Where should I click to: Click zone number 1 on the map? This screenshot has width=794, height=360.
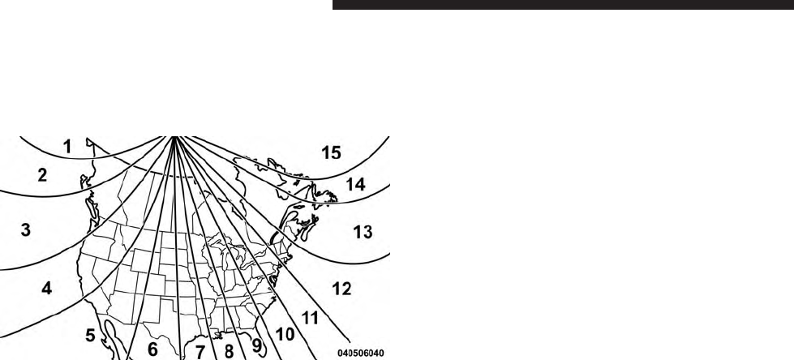point(68,147)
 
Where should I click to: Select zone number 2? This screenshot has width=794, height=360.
point(42,174)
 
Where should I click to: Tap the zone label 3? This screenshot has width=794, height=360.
point(26,230)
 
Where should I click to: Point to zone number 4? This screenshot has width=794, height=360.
point(48,288)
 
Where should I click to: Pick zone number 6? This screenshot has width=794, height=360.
point(152,351)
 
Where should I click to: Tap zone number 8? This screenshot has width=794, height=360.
point(230,352)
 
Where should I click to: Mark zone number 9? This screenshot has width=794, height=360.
point(257,345)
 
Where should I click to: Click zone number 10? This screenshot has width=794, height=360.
point(284,332)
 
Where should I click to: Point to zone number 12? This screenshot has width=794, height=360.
point(342,289)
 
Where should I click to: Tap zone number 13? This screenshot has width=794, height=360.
point(363,233)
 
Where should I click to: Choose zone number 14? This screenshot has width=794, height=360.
point(355,184)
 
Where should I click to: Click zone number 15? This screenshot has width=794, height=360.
point(331,152)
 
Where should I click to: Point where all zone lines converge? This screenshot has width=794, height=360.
point(174,137)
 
